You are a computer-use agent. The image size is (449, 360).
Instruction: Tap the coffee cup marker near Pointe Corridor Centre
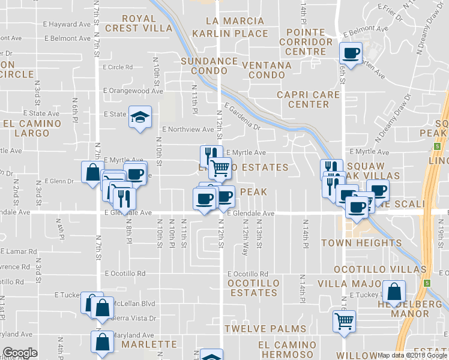pos(351,53)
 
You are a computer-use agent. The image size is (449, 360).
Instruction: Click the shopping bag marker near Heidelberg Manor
pos(393,292)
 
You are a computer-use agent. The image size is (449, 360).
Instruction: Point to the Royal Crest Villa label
pos(139,23)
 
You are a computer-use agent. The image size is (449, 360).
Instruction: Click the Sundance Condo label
pos(209,66)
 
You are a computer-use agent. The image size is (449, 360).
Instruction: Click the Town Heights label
pos(361,243)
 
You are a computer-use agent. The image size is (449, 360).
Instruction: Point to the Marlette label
pos(148,344)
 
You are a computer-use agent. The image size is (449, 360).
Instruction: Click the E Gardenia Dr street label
pos(243,118)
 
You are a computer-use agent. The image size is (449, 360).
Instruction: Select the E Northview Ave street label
pos(188,129)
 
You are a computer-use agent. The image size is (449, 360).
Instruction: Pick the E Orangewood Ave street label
pos(133,91)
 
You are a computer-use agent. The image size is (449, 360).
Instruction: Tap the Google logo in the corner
pos(20,353)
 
